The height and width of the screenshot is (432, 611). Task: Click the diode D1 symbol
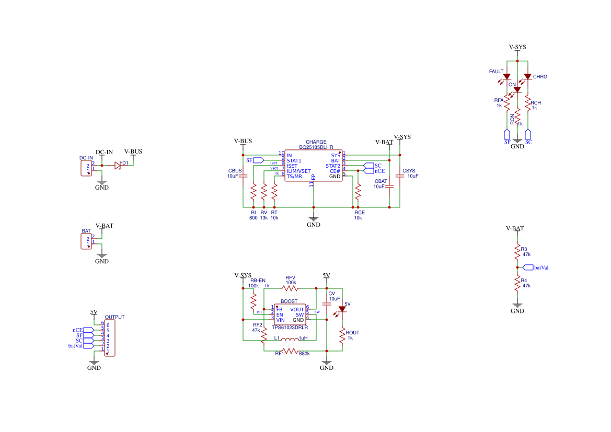click(x=118, y=166)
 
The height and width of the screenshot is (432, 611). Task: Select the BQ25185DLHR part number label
click(x=316, y=148)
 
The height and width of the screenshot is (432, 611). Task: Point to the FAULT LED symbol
click(x=506, y=77)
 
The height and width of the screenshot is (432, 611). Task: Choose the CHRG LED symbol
click(x=527, y=77)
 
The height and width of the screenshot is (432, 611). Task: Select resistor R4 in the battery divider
click(x=517, y=283)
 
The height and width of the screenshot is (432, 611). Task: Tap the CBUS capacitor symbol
click(x=243, y=177)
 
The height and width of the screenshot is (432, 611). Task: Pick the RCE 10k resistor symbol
click(x=358, y=192)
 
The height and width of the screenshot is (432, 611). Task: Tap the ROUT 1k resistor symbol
click(x=342, y=336)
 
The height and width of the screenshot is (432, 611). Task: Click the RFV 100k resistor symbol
click(x=290, y=288)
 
